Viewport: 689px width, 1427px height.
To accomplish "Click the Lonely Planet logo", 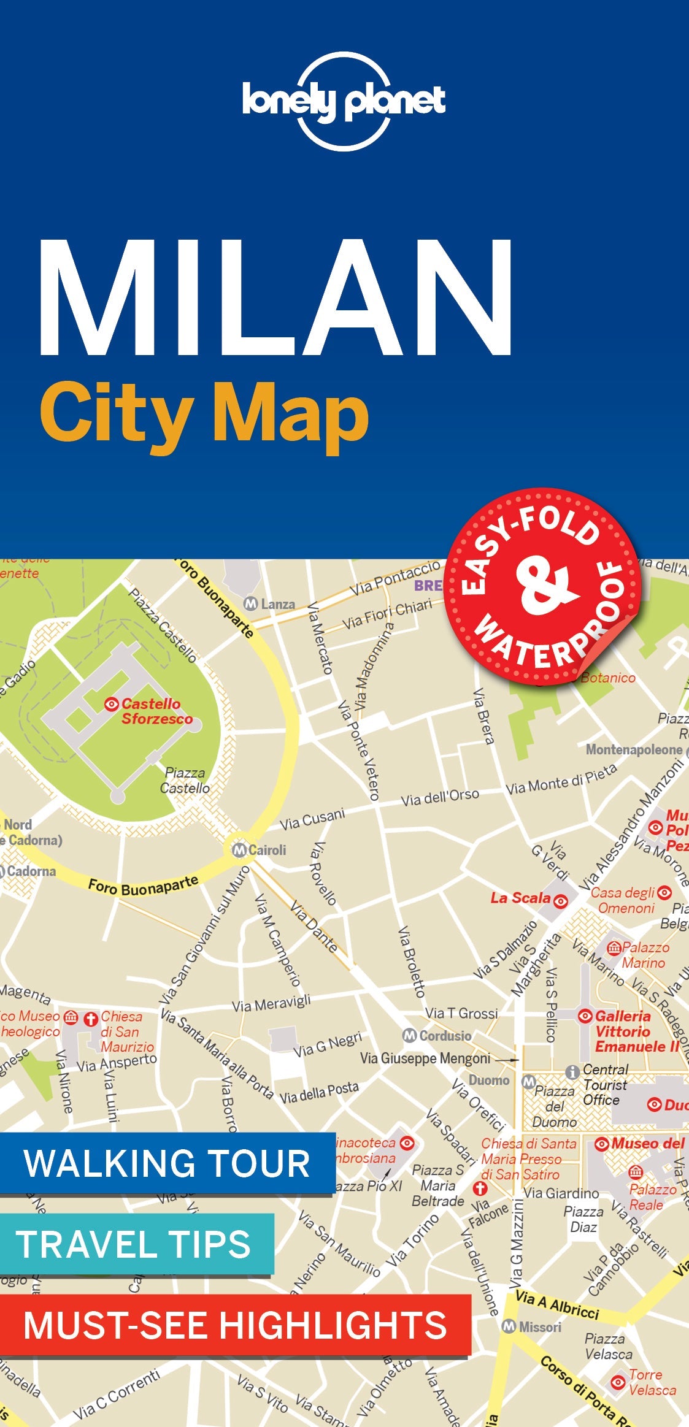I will tap(344, 102).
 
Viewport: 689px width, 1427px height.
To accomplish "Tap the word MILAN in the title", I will tap(275, 298).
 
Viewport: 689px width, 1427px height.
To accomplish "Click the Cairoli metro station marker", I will tap(239, 850).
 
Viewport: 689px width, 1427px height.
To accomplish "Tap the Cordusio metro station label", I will tap(445, 1036).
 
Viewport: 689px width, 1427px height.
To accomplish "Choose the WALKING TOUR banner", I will tap(166, 1163).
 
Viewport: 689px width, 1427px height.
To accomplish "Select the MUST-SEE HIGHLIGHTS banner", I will tap(235, 1325).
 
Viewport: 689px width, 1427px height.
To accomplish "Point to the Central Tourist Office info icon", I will tap(572, 1072).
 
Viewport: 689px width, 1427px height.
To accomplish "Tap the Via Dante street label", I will tap(314, 926).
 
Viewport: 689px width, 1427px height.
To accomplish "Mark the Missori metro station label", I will tap(539, 1327).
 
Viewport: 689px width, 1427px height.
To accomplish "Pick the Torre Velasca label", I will tap(651, 1383).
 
